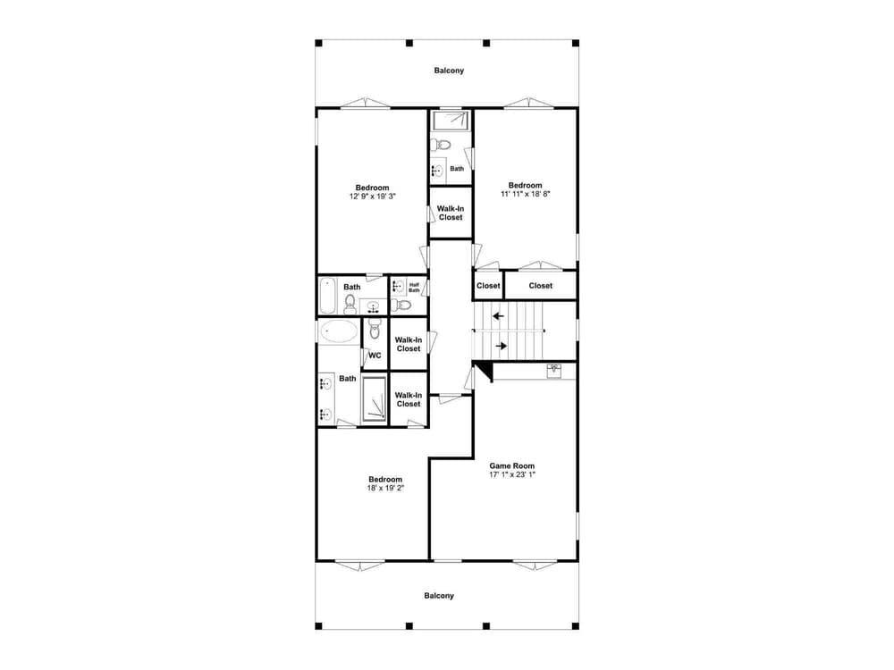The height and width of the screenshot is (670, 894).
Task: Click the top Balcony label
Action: (x=449, y=71)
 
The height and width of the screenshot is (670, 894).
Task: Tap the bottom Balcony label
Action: (x=439, y=596)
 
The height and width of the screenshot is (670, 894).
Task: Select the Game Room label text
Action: (x=512, y=466)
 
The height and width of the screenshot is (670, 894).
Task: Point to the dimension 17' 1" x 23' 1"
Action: (x=512, y=474)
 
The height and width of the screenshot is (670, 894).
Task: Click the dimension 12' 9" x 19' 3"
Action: (x=372, y=196)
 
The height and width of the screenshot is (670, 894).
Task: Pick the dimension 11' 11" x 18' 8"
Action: (x=525, y=194)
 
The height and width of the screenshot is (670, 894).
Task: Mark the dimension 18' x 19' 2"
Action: (x=385, y=489)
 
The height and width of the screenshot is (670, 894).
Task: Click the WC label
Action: (x=375, y=356)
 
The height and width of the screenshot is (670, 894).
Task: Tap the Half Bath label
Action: (x=414, y=288)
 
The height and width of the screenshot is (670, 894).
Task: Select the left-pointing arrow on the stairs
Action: (x=498, y=315)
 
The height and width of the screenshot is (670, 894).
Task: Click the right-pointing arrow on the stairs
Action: (x=502, y=346)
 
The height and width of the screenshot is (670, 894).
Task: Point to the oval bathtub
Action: (x=339, y=331)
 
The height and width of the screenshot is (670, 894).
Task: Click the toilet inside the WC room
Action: (x=375, y=329)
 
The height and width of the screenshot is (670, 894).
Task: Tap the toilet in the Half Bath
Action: (x=402, y=306)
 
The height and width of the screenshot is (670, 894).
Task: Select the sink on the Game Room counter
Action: (x=554, y=371)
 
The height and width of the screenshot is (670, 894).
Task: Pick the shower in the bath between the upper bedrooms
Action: (x=451, y=121)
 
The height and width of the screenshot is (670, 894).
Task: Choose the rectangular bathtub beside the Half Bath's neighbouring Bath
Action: (x=327, y=295)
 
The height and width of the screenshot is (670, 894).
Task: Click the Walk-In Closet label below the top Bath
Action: (x=451, y=214)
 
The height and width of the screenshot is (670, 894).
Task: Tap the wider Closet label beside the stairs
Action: (x=541, y=286)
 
